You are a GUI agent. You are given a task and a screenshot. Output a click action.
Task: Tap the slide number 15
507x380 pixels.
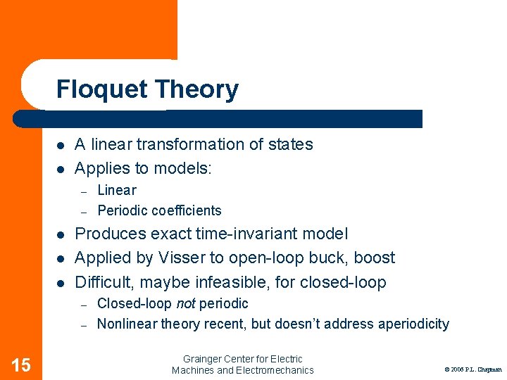pos(21,365)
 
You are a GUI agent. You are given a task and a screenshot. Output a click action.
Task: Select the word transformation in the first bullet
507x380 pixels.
pos(188,144)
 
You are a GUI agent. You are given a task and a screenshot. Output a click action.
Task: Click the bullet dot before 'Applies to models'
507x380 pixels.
pos(61,169)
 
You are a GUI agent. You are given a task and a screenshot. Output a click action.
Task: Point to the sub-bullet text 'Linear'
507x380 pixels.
pos(117,190)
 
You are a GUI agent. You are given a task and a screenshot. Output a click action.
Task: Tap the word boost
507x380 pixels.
pos(376,258)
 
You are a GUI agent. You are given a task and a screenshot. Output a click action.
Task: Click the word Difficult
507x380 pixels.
pos(101,282)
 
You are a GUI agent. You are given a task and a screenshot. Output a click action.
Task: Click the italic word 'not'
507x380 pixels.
pos(186,303)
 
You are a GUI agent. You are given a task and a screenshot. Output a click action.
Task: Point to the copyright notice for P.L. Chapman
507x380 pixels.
pos(472,369)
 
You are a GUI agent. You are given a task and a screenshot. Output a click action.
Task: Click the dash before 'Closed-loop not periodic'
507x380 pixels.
pos(82,304)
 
